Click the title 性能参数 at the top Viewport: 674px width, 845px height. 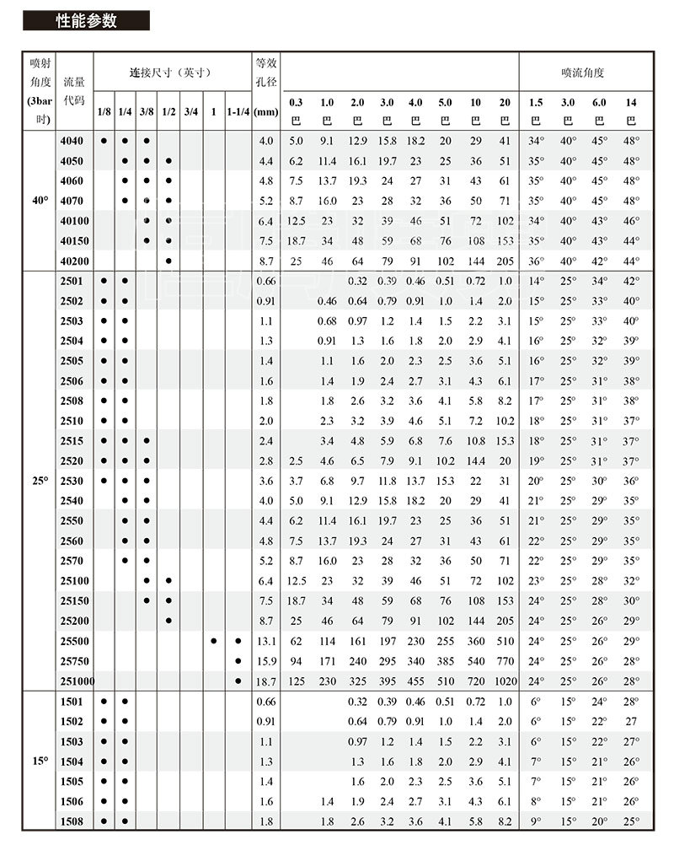click(x=86, y=21)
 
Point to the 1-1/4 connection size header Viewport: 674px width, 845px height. click(x=238, y=110)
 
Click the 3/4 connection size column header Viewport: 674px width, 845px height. click(x=191, y=110)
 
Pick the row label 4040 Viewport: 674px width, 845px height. click(x=73, y=140)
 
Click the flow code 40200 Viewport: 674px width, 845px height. click(x=73, y=261)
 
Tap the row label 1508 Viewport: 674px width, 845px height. click(x=73, y=821)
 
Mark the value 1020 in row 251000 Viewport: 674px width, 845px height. click(x=505, y=681)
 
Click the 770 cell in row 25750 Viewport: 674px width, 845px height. click(x=505, y=660)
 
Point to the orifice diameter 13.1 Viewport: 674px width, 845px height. click(x=266, y=640)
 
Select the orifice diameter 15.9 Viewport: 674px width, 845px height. click(x=266, y=660)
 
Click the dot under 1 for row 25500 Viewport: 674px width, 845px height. click(x=214, y=640)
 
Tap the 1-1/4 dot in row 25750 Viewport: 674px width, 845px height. click(x=238, y=660)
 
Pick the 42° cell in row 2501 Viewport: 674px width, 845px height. click(x=631, y=281)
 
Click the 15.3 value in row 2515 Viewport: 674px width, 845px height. click(x=505, y=440)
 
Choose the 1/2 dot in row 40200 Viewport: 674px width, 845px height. click(x=169, y=261)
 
